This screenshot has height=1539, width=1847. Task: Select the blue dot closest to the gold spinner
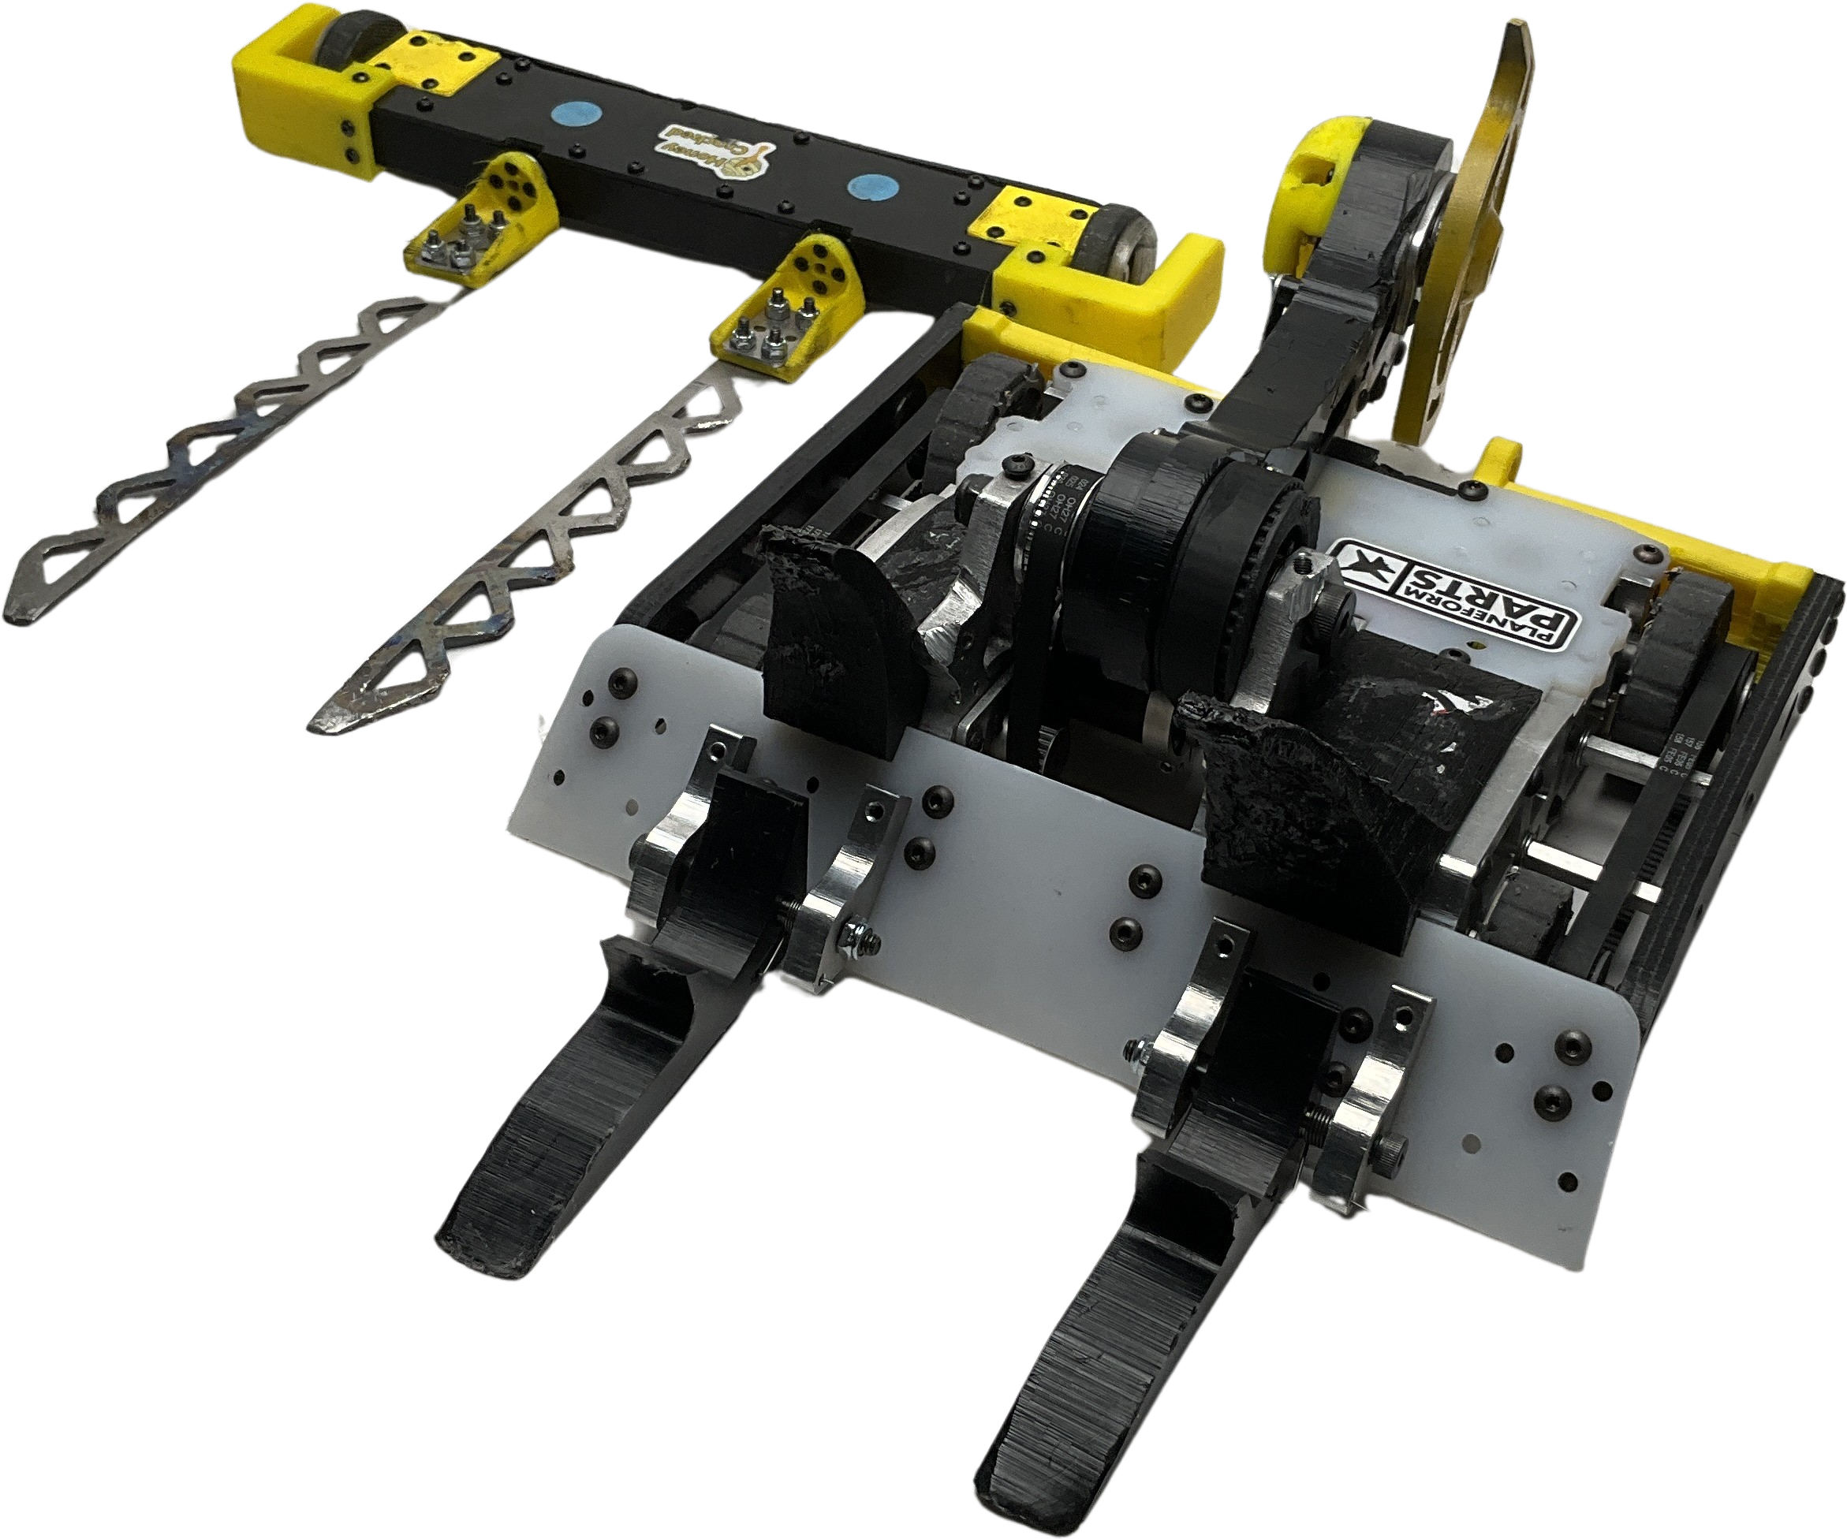869,186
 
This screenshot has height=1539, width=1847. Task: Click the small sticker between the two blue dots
715,151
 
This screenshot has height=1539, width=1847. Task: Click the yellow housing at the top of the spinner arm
1319,184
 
